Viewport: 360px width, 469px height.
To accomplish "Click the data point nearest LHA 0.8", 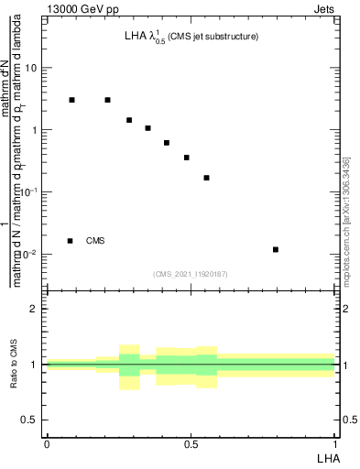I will (276, 249).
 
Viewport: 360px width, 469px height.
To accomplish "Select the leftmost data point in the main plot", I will (71, 99).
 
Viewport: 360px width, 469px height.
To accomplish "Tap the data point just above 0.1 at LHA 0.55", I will (207, 178).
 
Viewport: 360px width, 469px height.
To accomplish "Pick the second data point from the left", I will (107, 100).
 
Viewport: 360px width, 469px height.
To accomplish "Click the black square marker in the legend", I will (70, 241).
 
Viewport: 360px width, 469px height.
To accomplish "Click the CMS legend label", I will (95, 241).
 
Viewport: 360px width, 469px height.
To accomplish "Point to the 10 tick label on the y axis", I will (31, 68).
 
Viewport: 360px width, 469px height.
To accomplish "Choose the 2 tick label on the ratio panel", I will (35, 309).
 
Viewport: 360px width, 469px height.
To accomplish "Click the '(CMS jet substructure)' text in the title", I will (213, 37).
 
